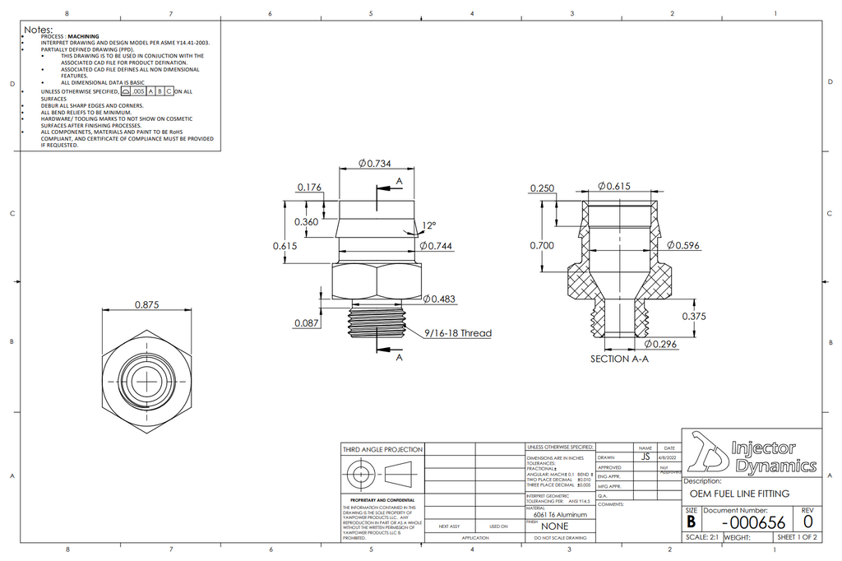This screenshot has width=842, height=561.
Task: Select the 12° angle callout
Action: pyautogui.click(x=429, y=225)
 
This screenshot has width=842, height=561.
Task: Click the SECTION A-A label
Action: pyautogui.click(x=620, y=359)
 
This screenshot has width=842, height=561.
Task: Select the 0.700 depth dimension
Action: pyautogui.click(x=542, y=245)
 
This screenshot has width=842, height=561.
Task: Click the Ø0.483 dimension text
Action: pyautogui.click(x=439, y=298)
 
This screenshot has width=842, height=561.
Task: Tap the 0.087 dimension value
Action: pyautogui.click(x=307, y=323)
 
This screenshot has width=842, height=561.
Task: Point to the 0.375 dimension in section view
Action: pyautogui.click(x=695, y=316)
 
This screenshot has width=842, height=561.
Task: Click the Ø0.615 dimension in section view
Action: pyautogui.click(x=613, y=187)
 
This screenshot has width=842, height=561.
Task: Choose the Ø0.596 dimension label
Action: pyautogui.click(x=683, y=245)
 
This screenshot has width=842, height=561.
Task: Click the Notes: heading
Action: pyautogui.click(x=38, y=30)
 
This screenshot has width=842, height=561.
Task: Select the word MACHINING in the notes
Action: pyautogui.click(x=83, y=37)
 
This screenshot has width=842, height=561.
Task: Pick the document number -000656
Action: pyautogui.click(x=752, y=522)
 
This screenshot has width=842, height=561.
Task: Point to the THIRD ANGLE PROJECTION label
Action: pyautogui.click(x=382, y=450)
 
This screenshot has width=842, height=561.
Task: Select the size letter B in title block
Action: pyautogui.click(x=691, y=522)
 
